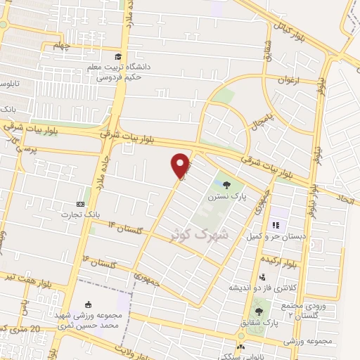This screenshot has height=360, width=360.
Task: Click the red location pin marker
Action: coord(181,165)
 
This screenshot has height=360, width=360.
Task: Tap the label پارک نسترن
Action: coord(226,198)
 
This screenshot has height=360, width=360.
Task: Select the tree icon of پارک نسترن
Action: coord(226,186)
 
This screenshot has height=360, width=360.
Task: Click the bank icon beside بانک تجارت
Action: coord(79,204)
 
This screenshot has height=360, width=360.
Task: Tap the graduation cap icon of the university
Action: coord(117,57)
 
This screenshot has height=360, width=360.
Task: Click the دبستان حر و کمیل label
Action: coord(278,237)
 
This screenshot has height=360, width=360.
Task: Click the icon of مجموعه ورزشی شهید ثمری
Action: coord(88,304)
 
